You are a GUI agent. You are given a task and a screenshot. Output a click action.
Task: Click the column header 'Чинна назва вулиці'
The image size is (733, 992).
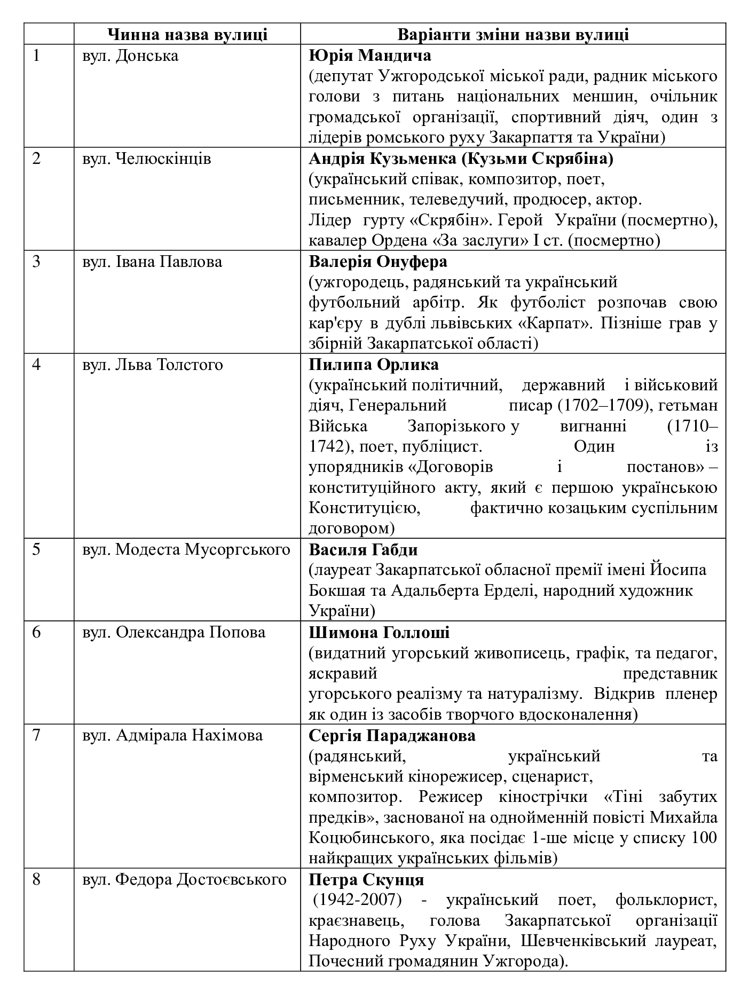[x=187, y=35]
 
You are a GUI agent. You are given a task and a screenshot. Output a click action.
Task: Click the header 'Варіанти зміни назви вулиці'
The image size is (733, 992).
[x=513, y=35]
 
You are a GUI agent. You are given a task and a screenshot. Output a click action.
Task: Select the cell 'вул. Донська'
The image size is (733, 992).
[x=130, y=56]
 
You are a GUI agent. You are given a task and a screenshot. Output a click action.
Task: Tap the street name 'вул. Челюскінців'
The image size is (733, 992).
[x=146, y=159]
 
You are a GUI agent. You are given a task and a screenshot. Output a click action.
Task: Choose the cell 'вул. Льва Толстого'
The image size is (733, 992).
[x=152, y=365]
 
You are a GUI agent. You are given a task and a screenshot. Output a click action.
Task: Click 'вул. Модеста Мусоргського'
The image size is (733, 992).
[x=186, y=549]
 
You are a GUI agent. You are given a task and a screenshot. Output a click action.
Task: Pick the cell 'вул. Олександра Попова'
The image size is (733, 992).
[x=174, y=632]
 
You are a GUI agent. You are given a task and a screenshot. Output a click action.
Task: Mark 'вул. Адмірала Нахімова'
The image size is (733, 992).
[x=172, y=735]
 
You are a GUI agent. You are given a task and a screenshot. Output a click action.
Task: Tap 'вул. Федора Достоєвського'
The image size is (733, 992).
[x=184, y=879]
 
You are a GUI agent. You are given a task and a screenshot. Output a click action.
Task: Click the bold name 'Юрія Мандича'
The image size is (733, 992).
[x=370, y=56]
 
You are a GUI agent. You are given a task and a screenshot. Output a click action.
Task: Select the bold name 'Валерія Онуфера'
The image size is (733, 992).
[x=378, y=262]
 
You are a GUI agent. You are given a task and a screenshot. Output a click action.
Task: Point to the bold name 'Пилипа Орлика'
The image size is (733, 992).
[x=374, y=365]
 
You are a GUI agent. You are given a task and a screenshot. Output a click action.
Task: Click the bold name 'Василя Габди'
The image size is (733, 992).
[x=363, y=549]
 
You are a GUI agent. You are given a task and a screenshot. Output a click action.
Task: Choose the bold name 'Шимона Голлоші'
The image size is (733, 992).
[x=379, y=632]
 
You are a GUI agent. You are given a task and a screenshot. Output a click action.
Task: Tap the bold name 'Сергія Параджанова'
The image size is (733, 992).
[x=392, y=735]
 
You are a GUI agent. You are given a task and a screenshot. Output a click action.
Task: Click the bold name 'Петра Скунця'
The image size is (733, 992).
[x=366, y=879]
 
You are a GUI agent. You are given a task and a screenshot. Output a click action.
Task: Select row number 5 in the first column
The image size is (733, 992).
[x=36, y=549]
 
